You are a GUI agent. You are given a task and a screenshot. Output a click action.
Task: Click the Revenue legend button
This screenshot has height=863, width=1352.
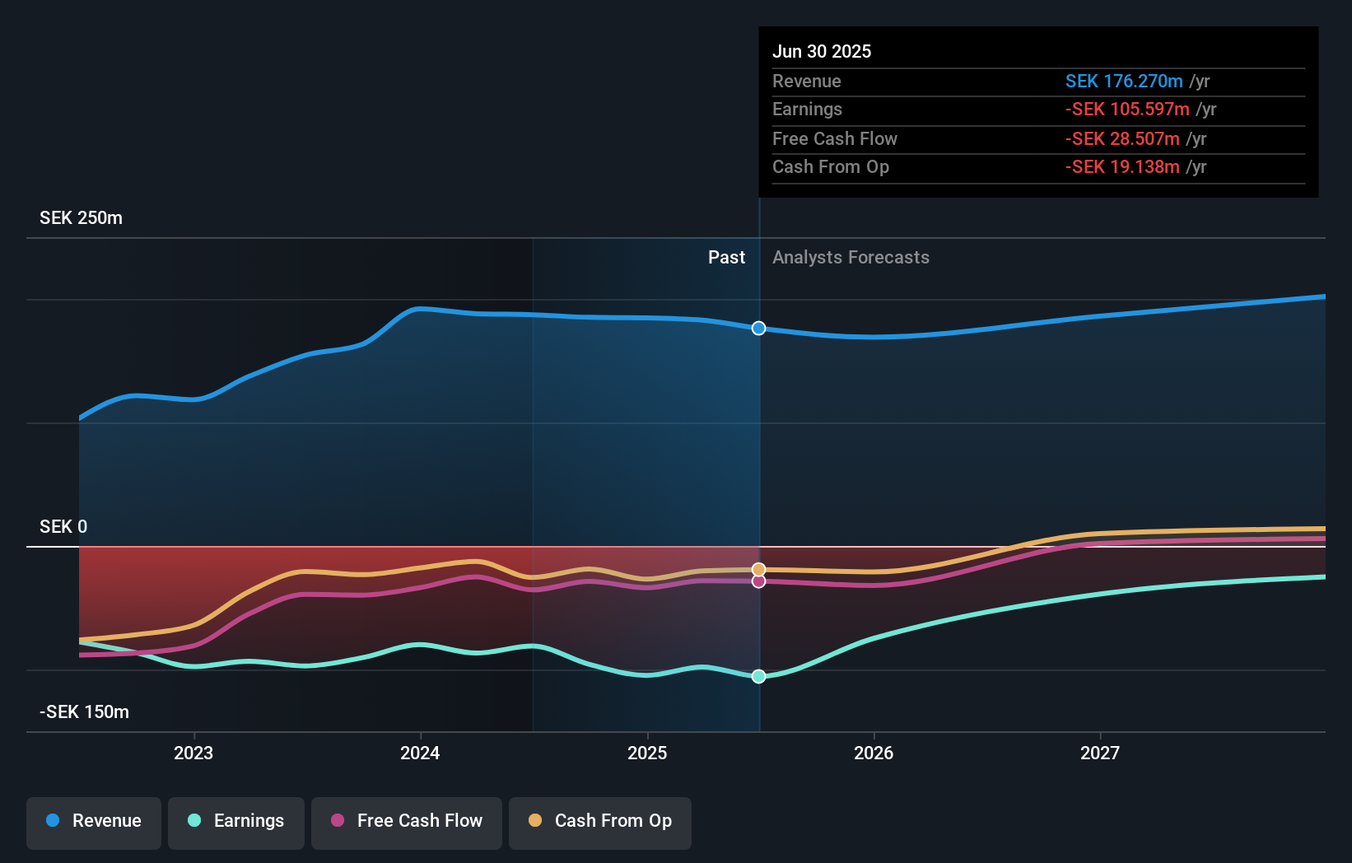tap(94, 821)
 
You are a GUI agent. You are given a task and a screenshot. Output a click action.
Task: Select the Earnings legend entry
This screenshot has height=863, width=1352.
tap(236, 821)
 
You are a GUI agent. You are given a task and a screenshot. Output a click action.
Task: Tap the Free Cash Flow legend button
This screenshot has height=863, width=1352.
tap(407, 821)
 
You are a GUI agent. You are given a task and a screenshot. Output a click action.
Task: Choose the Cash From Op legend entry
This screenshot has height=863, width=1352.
tap(600, 821)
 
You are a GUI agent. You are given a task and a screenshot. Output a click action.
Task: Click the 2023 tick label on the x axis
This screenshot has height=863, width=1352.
tap(193, 753)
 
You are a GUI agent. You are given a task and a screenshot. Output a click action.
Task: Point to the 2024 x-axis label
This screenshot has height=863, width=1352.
tap(420, 753)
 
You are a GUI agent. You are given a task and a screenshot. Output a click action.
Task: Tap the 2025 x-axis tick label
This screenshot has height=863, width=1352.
tap(647, 753)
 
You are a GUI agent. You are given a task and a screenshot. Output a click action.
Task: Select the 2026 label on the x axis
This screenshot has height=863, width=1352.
tap(874, 753)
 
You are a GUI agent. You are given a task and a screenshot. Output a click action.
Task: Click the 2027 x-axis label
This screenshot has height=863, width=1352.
tap(1100, 753)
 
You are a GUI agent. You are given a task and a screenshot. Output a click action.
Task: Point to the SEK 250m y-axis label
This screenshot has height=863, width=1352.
tap(81, 218)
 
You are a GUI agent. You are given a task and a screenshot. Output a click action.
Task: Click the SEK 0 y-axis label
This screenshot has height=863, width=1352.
tap(63, 527)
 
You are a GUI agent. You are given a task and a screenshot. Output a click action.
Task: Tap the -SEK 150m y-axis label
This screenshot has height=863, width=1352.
tap(84, 712)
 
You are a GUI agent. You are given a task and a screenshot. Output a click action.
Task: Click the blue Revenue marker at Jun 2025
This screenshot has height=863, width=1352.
tap(758, 329)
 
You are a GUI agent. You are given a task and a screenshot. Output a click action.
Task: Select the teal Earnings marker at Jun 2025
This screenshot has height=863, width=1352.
tap(758, 676)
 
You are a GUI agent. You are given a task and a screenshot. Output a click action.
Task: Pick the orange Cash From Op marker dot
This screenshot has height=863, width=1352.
tap(758, 570)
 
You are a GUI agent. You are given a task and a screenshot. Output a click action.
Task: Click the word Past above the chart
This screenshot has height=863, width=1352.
tap(726, 258)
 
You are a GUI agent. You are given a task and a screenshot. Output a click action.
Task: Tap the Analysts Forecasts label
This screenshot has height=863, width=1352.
tap(851, 258)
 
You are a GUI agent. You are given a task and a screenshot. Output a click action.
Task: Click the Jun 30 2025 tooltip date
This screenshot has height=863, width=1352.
tap(821, 51)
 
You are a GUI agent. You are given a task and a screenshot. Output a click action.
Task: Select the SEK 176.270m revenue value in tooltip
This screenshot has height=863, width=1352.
tap(1124, 82)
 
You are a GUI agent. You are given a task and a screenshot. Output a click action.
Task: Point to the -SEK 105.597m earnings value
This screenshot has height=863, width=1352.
tap(1127, 110)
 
